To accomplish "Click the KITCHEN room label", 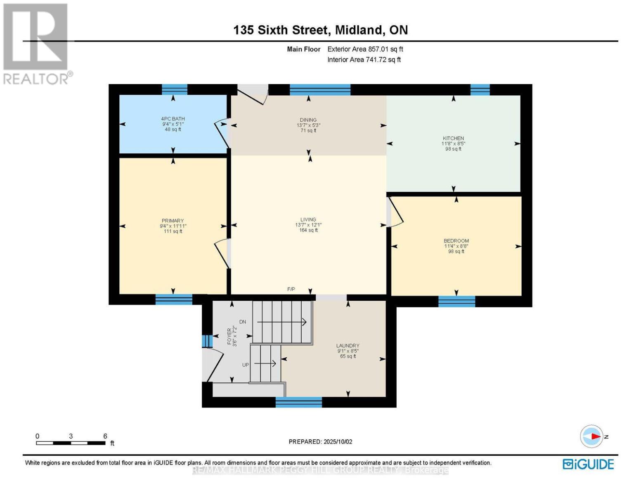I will (x=453, y=138).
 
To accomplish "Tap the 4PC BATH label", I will (x=173, y=119).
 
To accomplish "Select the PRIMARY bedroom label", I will (x=173, y=221).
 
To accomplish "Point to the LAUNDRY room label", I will (x=348, y=346).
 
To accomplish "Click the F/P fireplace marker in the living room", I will (x=291, y=289).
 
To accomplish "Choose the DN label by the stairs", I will (x=243, y=322).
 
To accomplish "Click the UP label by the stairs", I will (x=246, y=365).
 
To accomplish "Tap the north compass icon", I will (x=592, y=436).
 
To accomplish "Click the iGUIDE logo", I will (x=588, y=464).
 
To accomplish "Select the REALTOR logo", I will (x=36, y=43).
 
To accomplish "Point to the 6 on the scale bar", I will (x=105, y=436).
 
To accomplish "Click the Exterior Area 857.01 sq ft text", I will (x=365, y=49).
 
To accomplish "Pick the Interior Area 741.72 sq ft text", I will (x=364, y=60).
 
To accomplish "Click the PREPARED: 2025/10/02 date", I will (x=320, y=442).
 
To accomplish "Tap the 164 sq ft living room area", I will (x=308, y=230).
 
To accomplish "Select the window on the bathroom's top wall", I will (x=174, y=90).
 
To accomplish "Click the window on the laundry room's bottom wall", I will (x=298, y=402).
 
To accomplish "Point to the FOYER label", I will (x=229, y=336).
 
